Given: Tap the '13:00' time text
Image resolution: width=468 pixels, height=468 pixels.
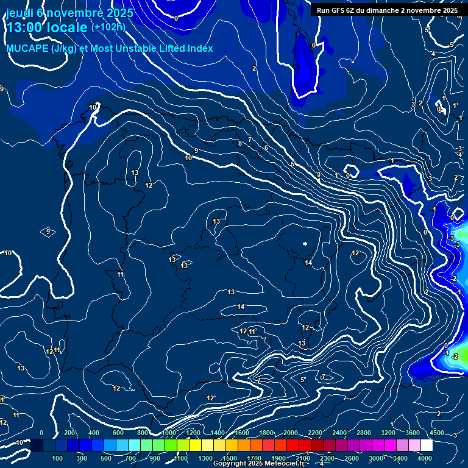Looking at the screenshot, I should pos(25,27).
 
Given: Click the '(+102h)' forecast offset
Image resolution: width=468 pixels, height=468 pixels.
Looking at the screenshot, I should pos(108,27).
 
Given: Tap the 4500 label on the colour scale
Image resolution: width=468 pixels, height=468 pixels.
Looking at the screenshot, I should pos(437,433).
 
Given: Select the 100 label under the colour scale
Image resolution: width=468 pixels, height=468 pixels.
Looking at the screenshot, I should pos(58,458).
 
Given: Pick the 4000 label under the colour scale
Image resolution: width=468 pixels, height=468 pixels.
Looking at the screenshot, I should pos(425,458).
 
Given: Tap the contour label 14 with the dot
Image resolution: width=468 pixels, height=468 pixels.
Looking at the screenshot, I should pos(308,263).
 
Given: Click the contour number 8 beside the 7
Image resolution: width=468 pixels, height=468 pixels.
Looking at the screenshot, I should pos(240,143).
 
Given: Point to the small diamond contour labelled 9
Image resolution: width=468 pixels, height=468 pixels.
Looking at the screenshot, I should pos(48,232).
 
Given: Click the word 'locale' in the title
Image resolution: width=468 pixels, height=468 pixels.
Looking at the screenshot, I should pos(67,27).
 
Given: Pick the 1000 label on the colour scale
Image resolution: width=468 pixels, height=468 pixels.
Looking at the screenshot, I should pos(169,433).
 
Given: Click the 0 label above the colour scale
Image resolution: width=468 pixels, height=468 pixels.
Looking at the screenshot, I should pos(41,433).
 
